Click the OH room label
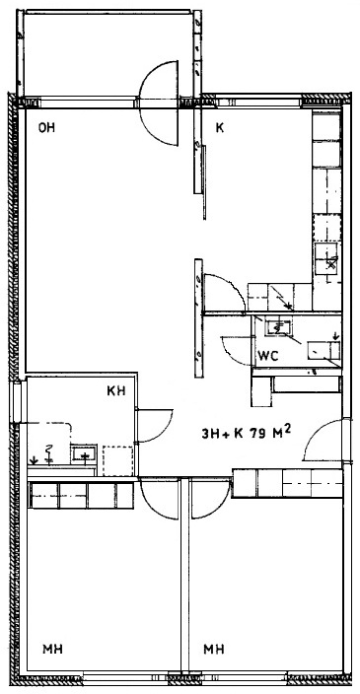46,128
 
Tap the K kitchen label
219,128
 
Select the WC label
268,357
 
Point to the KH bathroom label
116,390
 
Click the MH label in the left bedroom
52,650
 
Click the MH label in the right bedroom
213,650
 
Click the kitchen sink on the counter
326,259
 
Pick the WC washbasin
278,327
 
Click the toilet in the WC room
324,351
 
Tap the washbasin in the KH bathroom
83,453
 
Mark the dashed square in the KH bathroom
117,460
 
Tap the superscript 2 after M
288,429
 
